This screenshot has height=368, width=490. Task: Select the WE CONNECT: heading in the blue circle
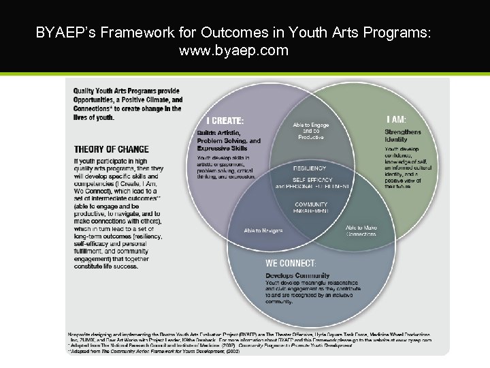(x=291, y=263)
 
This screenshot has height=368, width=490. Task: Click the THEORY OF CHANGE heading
(x=111, y=149)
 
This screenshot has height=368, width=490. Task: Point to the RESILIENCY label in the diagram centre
(x=310, y=168)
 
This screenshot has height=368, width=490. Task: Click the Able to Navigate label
(x=263, y=230)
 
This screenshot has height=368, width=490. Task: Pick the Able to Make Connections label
(x=361, y=231)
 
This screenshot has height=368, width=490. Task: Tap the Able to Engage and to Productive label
(x=310, y=131)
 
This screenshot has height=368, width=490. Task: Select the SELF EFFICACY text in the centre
(x=313, y=180)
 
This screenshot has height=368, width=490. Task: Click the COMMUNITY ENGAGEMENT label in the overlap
(x=311, y=208)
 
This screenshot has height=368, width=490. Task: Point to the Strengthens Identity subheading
(x=403, y=136)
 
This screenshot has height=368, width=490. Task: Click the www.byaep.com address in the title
(x=233, y=50)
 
